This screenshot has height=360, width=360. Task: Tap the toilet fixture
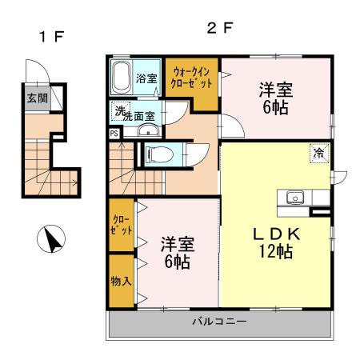point(158,154)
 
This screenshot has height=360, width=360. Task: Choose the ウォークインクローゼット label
point(192,78)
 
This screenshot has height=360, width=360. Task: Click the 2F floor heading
point(219,29)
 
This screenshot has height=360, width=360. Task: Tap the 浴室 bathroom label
point(146,78)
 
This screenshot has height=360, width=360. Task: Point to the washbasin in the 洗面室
point(144,130)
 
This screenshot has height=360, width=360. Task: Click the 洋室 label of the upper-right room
point(274,89)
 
